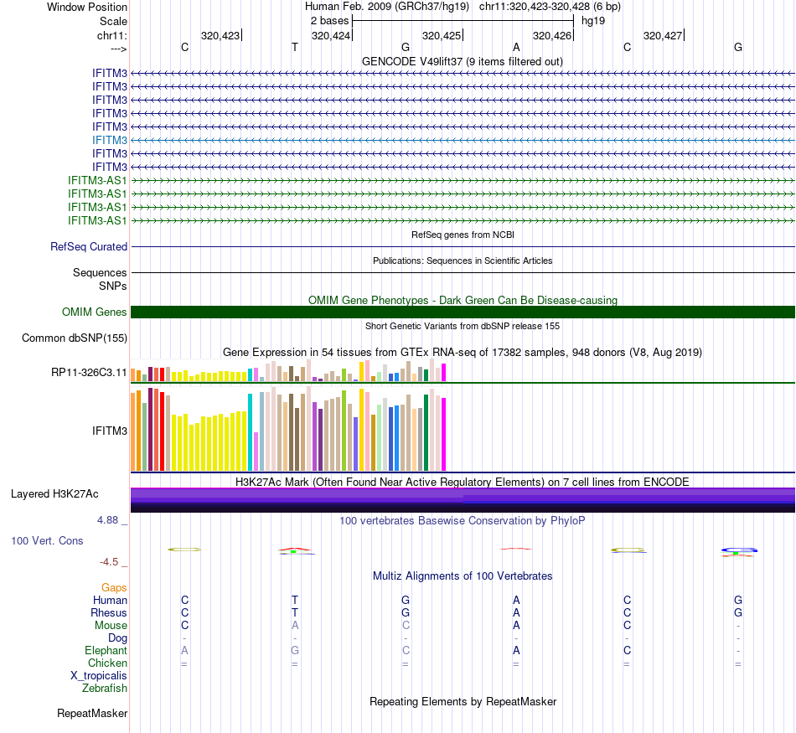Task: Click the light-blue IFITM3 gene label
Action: (x=110, y=140)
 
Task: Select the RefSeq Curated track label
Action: (x=89, y=247)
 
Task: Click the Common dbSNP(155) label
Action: (x=75, y=338)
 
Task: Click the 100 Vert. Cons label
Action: (x=47, y=541)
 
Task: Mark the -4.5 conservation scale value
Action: (x=111, y=562)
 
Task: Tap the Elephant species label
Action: (x=106, y=651)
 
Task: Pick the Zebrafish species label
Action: (x=105, y=689)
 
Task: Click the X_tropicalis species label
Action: (x=99, y=676)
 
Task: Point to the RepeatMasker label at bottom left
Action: (x=92, y=714)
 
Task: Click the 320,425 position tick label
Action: (x=442, y=36)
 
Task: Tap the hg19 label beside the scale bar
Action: (x=593, y=20)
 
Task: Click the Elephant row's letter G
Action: (x=295, y=651)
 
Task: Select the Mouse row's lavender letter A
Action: (x=295, y=625)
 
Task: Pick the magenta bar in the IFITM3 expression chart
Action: (x=443, y=434)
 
